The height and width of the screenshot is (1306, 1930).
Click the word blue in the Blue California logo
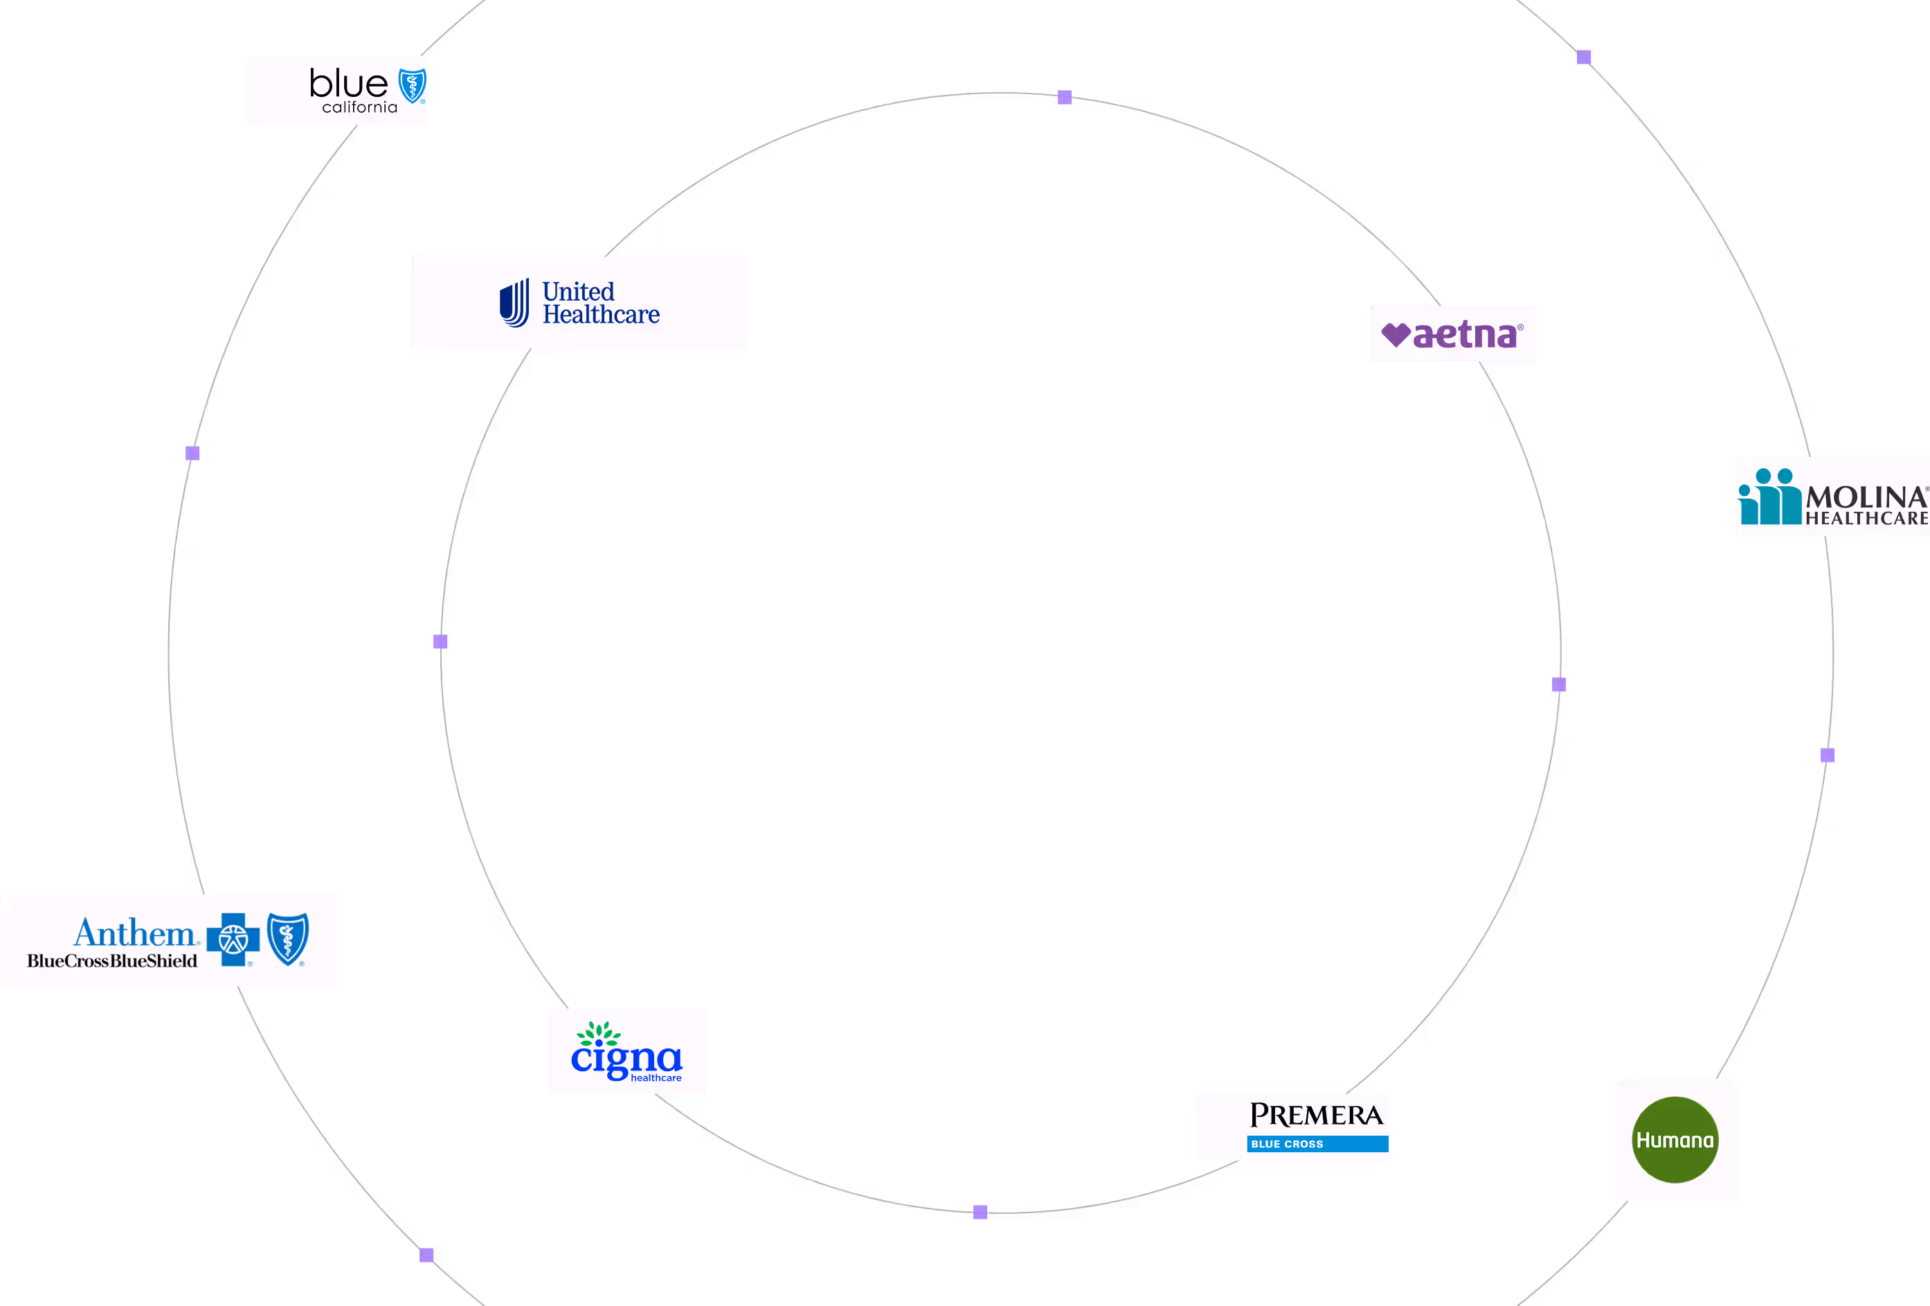[x=348, y=83]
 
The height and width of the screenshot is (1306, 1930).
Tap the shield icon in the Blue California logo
[x=412, y=86]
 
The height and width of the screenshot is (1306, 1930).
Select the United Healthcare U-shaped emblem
[x=514, y=303]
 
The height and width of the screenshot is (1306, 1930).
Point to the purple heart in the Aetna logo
[x=1395, y=334]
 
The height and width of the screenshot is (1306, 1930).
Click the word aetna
[x=1465, y=334]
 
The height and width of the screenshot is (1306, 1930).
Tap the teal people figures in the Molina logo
[x=1769, y=497]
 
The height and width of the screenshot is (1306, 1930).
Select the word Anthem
[x=134, y=933]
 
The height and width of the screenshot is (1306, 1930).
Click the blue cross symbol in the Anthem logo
[x=233, y=940]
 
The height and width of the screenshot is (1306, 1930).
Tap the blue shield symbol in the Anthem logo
[x=288, y=939]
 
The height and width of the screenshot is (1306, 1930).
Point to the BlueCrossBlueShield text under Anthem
[x=112, y=961]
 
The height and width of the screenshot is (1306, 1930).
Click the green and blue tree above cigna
[x=599, y=1035]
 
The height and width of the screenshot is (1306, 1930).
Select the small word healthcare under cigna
[x=656, y=1078]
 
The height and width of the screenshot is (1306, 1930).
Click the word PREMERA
[x=1316, y=1115]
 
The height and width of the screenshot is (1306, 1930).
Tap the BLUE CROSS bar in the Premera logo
[x=1316, y=1144]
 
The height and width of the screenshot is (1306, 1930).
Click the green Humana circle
[x=1675, y=1140]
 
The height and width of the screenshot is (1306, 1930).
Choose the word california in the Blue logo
[x=359, y=108]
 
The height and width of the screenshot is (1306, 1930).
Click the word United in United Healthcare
[x=578, y=292]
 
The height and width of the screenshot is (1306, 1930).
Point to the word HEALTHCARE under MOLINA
[x=1866, y=519]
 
